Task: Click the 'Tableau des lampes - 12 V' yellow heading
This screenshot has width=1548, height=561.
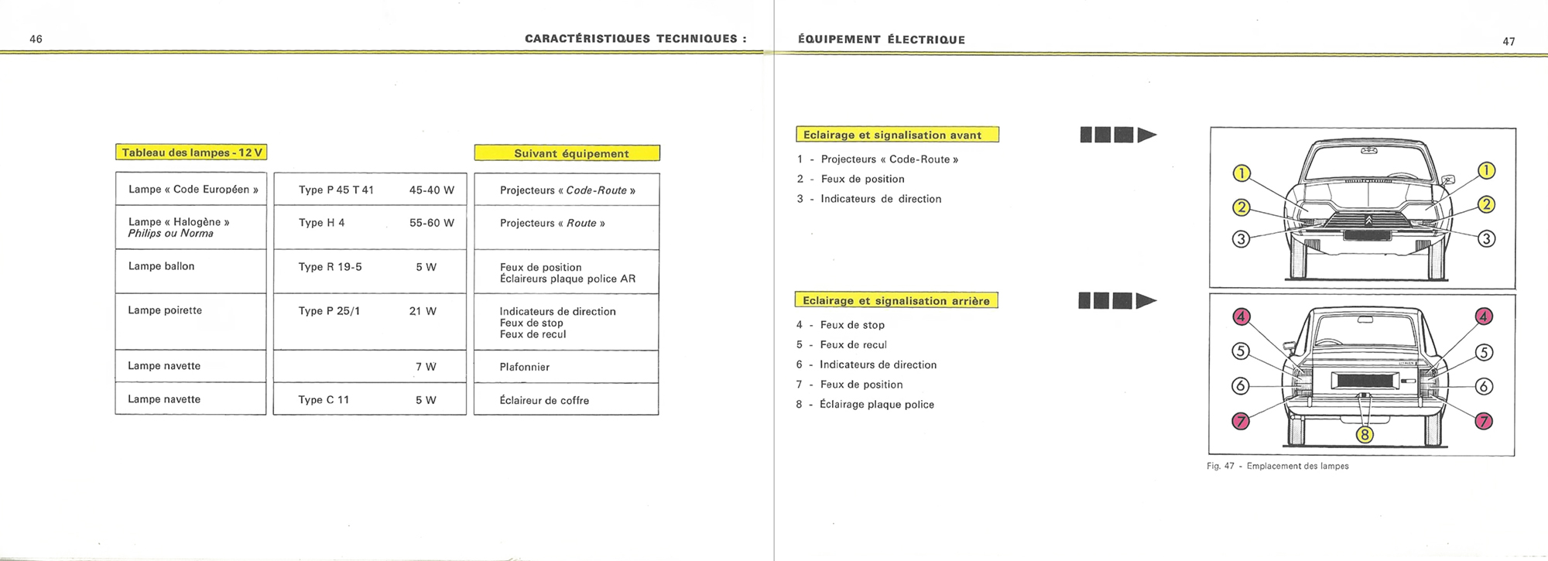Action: pyautogui.click(x=191, y=152)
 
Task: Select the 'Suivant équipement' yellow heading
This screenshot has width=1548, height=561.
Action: pyautogui.click(x=567, y=153)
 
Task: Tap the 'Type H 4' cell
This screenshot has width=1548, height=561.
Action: pyautogui.click(x=321, y=223)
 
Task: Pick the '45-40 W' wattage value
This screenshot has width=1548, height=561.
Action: pyautogui.click(x=431, y=190)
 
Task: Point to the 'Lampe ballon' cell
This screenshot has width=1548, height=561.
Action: pyautogui.click(x=162, y=266)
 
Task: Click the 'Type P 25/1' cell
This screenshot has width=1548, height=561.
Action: pyautogui.click(x=329, y=311)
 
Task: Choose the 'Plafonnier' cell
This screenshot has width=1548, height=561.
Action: pyautogui.click(x=524, y=367)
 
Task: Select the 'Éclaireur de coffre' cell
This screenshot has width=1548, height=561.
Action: pyautogui.click(x=544, y=400)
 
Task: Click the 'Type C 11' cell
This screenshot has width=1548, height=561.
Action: pyautogui.click(x=324, y=400)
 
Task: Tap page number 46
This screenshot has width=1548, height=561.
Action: pyautogui.click(x=36, y=39)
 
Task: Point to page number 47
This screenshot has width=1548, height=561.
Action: pyautogui.click(x=1509, y=42)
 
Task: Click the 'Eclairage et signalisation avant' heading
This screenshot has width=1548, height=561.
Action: pyautogui.click(x=897, y=135)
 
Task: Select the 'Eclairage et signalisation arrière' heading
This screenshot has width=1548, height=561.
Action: pyautogui.click(x=896, y=300)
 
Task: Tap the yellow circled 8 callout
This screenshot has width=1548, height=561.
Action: pyautogui.click(x=1365, y=435)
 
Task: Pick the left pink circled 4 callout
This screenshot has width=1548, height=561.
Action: pyautogui.click(x=1241, y=316)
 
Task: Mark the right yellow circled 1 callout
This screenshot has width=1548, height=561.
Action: pyautogui.click(x=1486, y=170)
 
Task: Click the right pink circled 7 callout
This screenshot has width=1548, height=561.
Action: pyautogui.click(x=1484, y=421)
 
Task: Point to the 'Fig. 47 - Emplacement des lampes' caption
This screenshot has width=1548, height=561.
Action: pyautogui.click(x=1277, y=466)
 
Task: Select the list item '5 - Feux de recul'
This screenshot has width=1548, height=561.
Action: pyautogui.click(x=841, y=345)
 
